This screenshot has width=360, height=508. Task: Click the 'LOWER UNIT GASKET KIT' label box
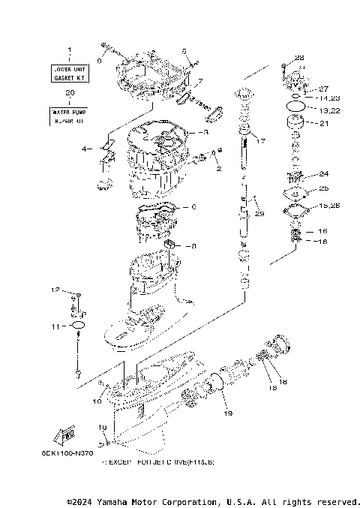pyautogui.click(x=70, y=73)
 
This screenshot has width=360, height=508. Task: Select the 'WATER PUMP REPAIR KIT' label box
pyautogui.click(x=70, y=116)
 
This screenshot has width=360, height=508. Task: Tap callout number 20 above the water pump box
pyautogui.click(x=70, y=94)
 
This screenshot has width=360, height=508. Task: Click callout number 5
pyautogui.click(x=184, y=51)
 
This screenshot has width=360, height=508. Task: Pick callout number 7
pyautogui.click(x=199, y=80)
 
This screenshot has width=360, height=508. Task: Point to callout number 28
pyautogui.click(x=299, y=58)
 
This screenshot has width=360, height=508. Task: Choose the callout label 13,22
pyautogui.click(x=329, y=110)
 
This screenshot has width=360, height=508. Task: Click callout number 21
pyautogui.click(x=324, y=124)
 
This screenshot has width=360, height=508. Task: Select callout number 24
pyautogui.click(x=324, y=173)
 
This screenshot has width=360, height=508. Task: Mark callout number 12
pyautogui.click(x=55, y=290)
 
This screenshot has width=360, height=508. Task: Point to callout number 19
pyautogui.click(x=228, y=413)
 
